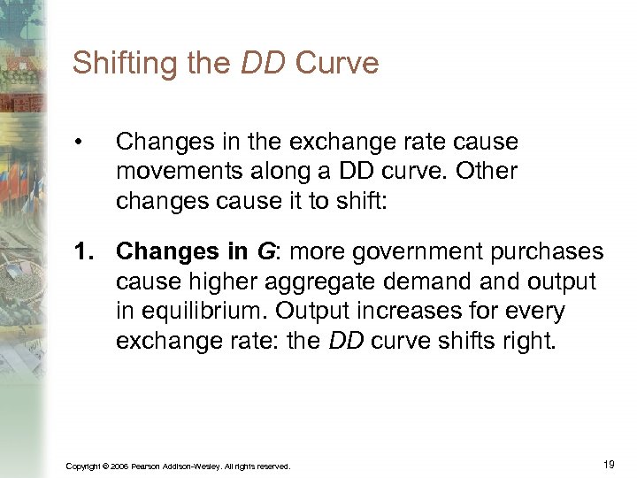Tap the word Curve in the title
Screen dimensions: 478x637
[x=337, y=64]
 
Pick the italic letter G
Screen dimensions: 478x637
[x=264, y=253]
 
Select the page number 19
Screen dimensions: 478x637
[x=609, y=464]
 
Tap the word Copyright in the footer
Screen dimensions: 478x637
[x=82, y=466]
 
